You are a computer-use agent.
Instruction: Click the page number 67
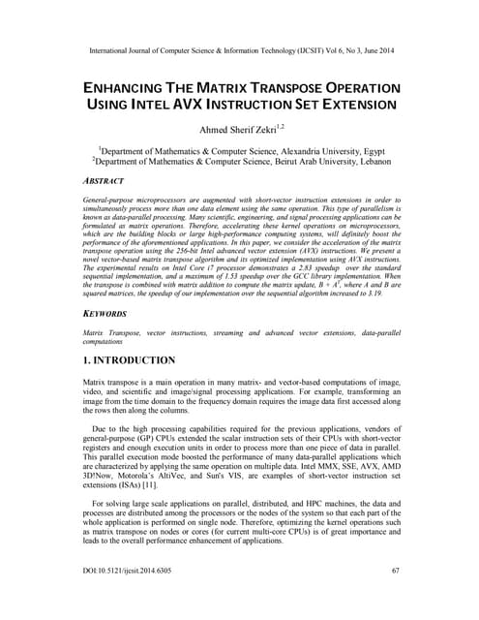pos(395,599)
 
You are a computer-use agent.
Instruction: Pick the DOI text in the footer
pos(131,599)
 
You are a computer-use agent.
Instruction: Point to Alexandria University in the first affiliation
pos(312,150)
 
